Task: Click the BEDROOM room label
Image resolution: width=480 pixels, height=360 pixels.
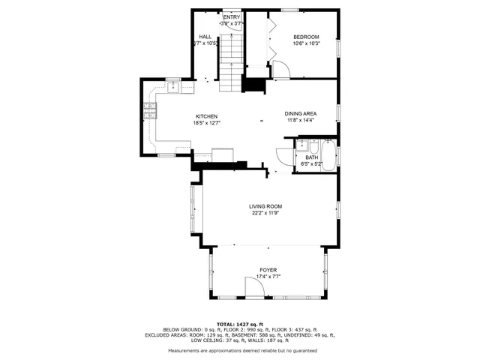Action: pos(305,37)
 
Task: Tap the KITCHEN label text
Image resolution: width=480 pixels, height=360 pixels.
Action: pos(206,116)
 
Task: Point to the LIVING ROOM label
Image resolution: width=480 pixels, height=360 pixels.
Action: pos(265,205)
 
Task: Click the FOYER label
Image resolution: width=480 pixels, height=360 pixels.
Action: pos(268,269)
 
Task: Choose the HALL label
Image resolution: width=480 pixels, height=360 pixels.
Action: pos(205,37)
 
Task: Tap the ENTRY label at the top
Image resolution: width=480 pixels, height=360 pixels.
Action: pos(231,16)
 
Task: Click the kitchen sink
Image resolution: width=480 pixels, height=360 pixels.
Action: pos(173,86)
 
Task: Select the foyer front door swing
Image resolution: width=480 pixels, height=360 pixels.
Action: pos(253,286)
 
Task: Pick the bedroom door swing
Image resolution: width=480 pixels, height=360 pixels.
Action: pos(280,70)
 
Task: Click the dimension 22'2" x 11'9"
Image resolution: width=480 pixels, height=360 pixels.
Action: pos(266,212)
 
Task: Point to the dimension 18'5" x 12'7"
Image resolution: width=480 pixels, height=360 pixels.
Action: pos(206,123)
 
